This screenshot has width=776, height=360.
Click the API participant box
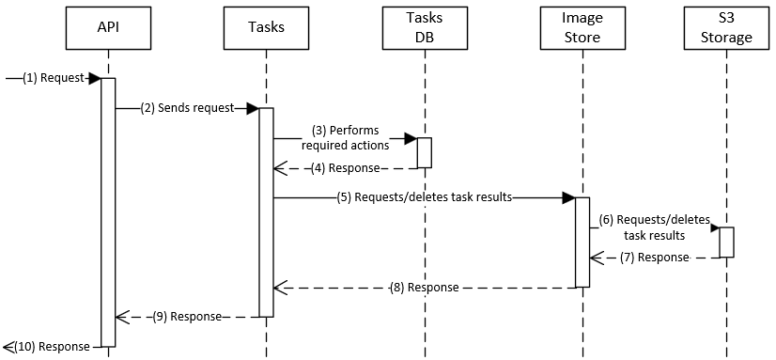[x=108, y=28]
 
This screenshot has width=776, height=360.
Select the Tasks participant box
[x=266, y=28]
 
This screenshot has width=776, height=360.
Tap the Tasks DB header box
[x=424, y=28]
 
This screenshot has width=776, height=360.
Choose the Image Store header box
[x=582, y=28]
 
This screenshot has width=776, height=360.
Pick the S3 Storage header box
[x=726, y=28]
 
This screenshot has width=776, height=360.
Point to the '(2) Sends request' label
[x=187, y=108]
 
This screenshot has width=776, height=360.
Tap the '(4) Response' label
[x=345, y=168]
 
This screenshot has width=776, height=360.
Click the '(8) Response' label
[x=424, y=288]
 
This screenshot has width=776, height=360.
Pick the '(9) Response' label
[x=187, y=318]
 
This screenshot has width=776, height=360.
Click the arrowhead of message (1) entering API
[x=94, y=78]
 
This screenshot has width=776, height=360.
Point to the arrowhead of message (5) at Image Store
[x=567, y=198]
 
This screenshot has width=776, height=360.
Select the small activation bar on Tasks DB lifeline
[x=424, y=153]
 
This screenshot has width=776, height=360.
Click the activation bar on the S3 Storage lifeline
[x=726, y=243]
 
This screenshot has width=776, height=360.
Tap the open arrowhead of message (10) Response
[x=8, y=347]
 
